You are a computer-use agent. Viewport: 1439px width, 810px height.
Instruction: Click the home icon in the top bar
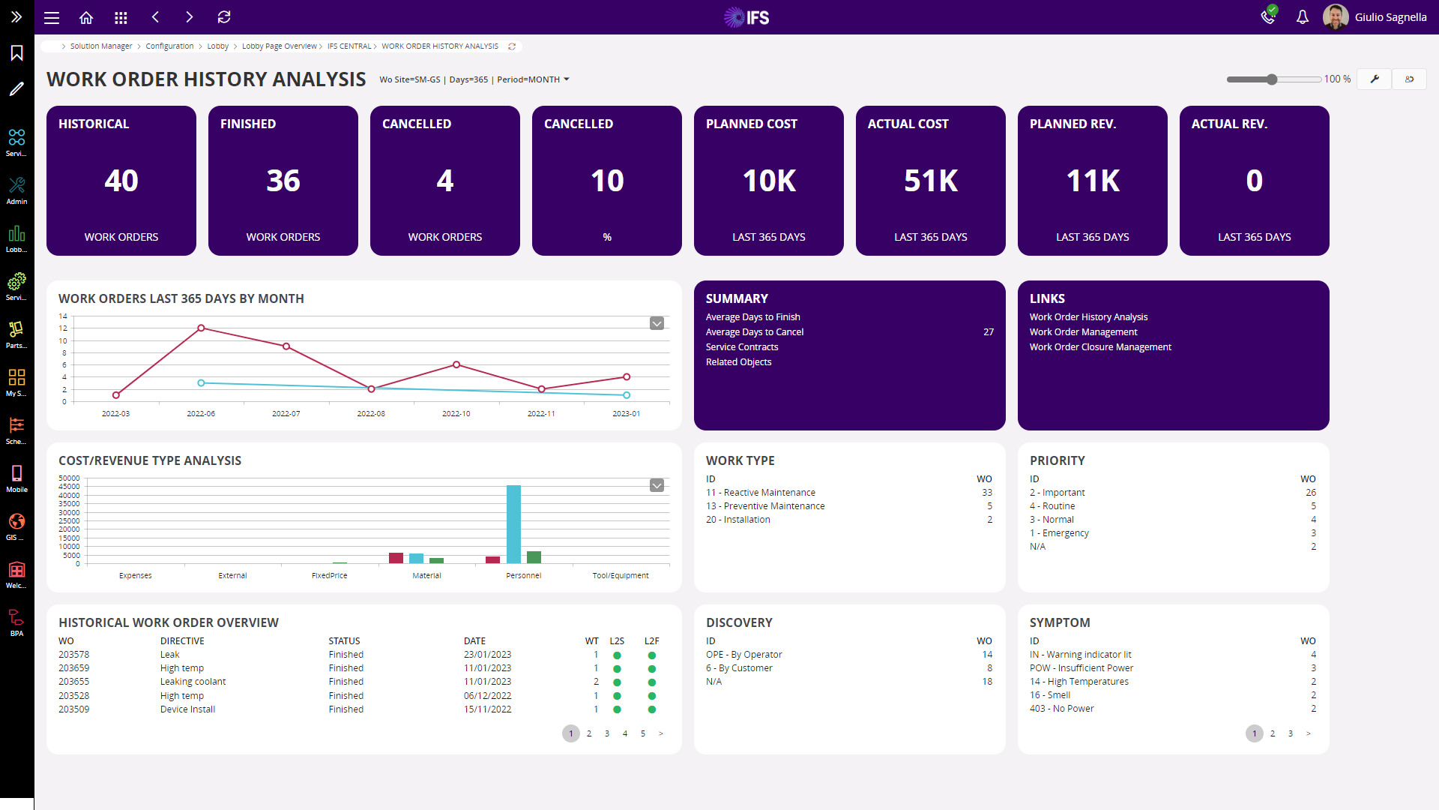click(86, 17)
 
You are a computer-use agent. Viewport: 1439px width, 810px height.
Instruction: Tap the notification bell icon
click(1303, 17)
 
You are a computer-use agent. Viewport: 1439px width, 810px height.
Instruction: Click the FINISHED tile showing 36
click(283, 181)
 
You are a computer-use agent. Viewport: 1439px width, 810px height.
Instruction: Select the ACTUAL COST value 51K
click(931, 181)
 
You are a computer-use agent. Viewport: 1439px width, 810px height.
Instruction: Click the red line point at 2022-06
click(201, 328)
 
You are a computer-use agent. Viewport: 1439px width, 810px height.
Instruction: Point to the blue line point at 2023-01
click(627, 394)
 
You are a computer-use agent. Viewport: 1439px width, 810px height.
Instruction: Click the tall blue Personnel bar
click(513, 524)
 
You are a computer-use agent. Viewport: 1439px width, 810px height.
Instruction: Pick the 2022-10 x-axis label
click(456, 414)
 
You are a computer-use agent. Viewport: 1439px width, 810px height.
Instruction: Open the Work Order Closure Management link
click(1100, 347)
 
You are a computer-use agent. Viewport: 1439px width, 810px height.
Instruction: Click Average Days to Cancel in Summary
click(755, 332)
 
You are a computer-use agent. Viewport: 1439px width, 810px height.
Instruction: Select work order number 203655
click(73, 682)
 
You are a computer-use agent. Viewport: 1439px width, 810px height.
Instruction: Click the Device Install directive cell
click(187, 709)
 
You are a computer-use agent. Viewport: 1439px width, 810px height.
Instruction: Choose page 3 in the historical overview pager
click(607, 733)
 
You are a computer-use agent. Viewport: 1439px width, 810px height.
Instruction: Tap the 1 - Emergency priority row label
click(1059, 533)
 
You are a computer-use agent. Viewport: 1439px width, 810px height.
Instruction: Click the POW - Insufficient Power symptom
click(1081, 668)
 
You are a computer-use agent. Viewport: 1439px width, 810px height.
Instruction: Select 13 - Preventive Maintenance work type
click(765, 506)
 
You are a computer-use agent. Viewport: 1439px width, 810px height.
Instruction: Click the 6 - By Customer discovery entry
click(739, 668)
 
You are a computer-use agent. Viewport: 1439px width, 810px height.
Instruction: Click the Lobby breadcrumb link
click(218, 46)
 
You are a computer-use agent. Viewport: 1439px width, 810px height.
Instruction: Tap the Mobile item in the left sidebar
click(16, 478)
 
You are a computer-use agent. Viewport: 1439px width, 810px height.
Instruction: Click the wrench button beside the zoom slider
click(1375, 79)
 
